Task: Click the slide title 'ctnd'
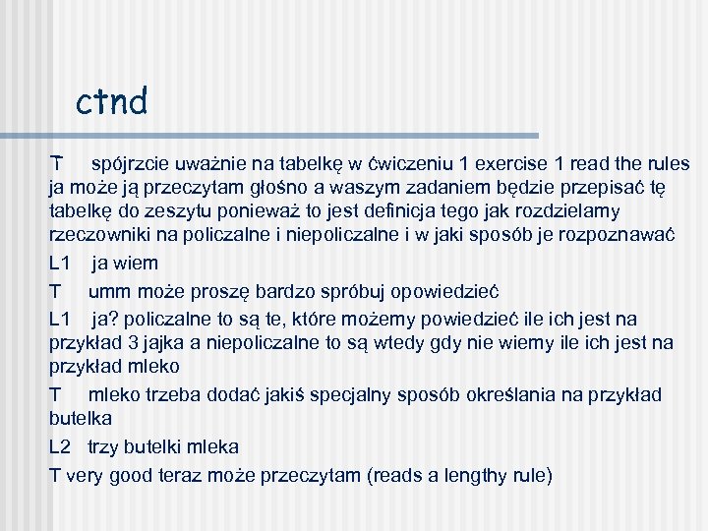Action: (x=111, y=100)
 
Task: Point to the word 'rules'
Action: (x=666, y=163)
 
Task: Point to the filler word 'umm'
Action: (x=108, y=291)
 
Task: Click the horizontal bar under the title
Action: (x=294, y=136)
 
